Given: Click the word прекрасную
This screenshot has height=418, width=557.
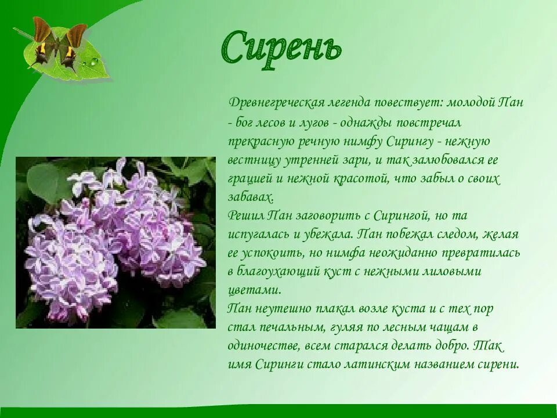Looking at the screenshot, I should click(x=261, y=141).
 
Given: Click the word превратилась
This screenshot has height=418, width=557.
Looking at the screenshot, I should click(x=479, y=253).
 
